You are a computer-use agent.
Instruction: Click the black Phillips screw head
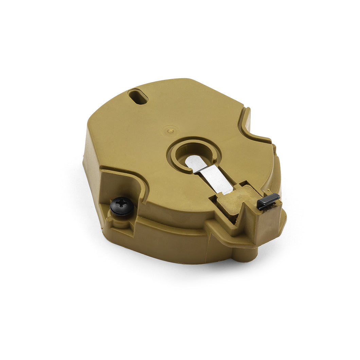point(122,206)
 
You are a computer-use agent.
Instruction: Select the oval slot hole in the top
point(138,96)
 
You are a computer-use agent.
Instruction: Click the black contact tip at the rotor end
point(268,201)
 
